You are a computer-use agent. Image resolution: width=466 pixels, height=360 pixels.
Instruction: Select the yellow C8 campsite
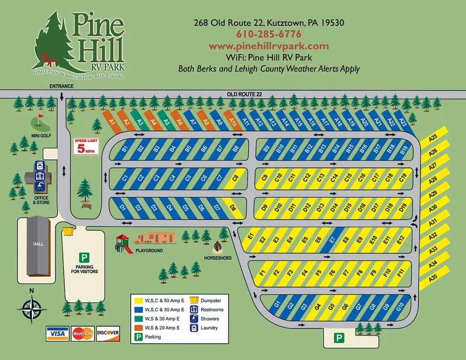pyautogui.click(x=235, y=178)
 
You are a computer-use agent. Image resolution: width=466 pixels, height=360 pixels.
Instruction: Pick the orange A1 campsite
pyautogui.click(x=112, y=121)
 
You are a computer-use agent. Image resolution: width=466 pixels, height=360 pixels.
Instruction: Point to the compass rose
pyautogui.click(x=32, y=309)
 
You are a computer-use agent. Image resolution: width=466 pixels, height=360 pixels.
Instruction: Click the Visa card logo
pyautogui.click(x=57, y=333)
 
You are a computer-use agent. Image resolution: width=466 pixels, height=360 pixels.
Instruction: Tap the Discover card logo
pyautogui.click(x=108, y=333)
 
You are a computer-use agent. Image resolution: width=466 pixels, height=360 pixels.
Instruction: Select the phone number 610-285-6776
pyautogui.click(x=269, y=34)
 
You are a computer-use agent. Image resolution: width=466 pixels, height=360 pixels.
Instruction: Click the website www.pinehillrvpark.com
pyautogui.click(x=269, y=46)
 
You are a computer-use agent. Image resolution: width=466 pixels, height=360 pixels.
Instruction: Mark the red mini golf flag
pyautogui.click(x=40, y=116)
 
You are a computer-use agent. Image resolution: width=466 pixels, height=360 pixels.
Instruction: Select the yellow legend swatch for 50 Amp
pyautogui.click(x=138, y=300)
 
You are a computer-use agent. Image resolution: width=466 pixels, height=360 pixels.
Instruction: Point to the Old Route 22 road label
pyautogui.click(x=244, y=94)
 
